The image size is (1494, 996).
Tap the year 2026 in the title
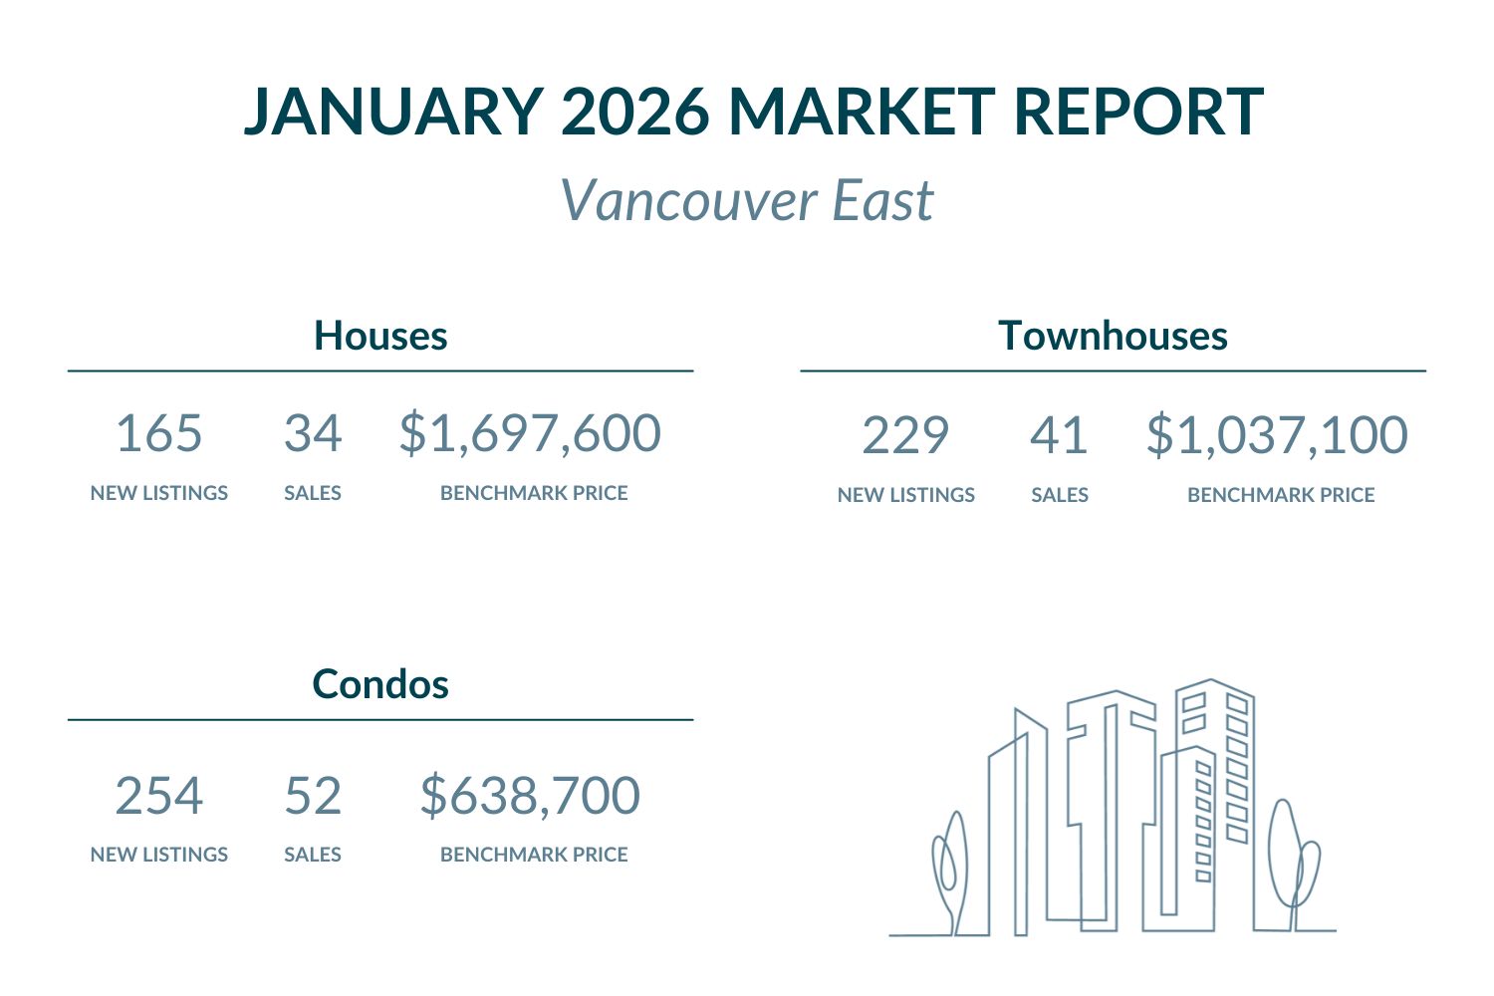[634, 111]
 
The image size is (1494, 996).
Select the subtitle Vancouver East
[747, 200]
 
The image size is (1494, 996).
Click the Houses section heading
[380, 336]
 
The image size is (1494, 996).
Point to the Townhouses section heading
[1113, 336]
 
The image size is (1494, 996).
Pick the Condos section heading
[380, 684]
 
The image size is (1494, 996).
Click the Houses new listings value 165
[159, 433]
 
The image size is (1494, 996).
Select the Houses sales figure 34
[313, 433]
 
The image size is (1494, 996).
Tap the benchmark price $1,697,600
[530, 433]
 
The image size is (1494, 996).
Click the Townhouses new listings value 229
[905, 435]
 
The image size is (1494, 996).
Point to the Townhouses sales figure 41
[1059, 435]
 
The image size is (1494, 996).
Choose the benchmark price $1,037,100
[1277, 435]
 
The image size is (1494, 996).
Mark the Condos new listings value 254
[159, 796]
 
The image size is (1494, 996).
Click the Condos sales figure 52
[313, 796]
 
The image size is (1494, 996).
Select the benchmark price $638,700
[530, 796]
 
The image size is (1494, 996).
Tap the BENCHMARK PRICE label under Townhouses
[1281, 495]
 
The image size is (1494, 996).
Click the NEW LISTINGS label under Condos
[159, 855]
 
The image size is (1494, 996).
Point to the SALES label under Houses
[313, 493]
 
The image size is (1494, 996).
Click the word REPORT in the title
[1138, 111]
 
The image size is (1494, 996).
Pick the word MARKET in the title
[862, 111]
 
